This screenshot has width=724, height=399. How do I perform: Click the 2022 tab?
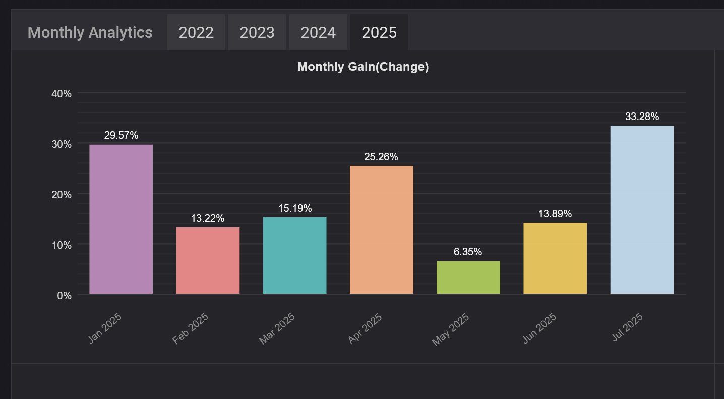(196, 33)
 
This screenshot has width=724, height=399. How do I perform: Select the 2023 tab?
(257, 33)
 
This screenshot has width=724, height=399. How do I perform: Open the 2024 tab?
(318, 33)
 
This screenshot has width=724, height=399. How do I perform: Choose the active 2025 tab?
(379, 33)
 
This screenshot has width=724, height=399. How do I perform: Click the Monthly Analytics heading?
(90, 33)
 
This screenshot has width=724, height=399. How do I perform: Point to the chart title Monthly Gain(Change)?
(363, 67)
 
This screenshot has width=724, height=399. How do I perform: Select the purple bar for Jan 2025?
(121, 219)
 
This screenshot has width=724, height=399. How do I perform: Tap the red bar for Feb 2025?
(208, 260)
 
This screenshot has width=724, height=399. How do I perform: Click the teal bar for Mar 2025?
(295, 255)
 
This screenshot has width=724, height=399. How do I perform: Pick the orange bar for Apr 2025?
(382, 230)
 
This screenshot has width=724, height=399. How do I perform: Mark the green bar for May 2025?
(468, 277)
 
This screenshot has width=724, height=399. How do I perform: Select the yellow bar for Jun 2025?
(555, 258)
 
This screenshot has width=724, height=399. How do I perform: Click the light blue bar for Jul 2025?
(642, 209)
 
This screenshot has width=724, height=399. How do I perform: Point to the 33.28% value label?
(642, 117)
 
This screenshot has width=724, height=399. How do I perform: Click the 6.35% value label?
(468, 252)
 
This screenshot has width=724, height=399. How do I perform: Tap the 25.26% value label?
(381, 157)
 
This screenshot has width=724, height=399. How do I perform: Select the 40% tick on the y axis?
(62, 93)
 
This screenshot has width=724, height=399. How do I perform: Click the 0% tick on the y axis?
(64, 295)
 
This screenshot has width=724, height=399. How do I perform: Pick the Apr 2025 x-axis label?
(366, 328)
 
